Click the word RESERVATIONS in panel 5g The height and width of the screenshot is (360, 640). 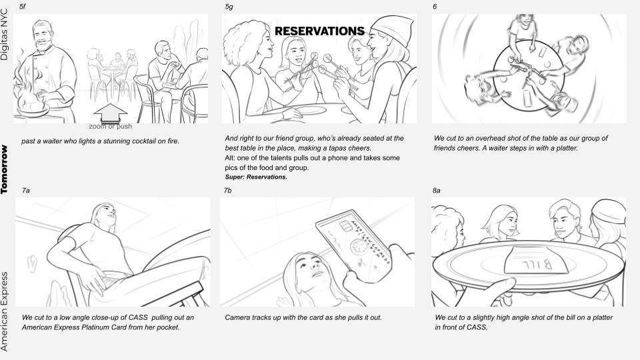pyautogui.click(x=319, y=31)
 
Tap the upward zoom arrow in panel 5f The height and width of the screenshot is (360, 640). pyautogui.click(x=110, y=113)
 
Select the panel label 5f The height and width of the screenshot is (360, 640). pyautogui.click(x=23, y=7)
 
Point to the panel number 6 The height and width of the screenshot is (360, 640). pyautogui.click(x=435, y=7)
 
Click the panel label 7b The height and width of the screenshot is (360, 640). pyautogui.click(x=228, y=190)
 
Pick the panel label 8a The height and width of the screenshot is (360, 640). pyautogui.click(x=436, y=190)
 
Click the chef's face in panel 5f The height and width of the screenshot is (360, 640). pyautogui.click(x=43, y=36)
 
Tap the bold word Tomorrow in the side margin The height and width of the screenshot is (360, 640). pyautogui.click(x=4, y=169)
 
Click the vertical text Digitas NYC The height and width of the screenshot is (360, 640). pyautogui.click(x=4, y=35)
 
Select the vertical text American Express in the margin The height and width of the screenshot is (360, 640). pyautogui.click(x=4, y=311)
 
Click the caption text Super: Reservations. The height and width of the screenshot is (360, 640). pyautogui.click(x=256, y=177)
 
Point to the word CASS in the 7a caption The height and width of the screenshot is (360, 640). pyautogui.click(x=138, y=317)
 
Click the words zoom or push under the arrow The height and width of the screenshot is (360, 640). pyautogui.click(x=110, y=127)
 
